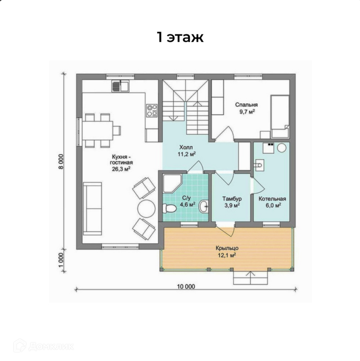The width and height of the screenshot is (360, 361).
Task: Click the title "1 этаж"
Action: (180, 37)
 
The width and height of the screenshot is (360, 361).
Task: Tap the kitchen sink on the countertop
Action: (120, 86)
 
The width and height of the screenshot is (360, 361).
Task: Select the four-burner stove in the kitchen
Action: (152, 111)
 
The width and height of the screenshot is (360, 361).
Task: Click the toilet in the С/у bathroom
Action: (169, 208)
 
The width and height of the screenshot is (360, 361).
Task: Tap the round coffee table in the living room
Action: (146, 208)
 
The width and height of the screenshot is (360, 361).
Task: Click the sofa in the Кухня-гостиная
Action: (92, 209)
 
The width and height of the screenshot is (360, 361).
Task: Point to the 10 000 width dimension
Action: (186, 286)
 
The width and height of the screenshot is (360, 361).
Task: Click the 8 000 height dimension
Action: (61, 161)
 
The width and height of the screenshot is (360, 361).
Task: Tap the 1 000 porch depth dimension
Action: (61, 260)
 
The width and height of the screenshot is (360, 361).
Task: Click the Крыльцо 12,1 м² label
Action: (227, 252)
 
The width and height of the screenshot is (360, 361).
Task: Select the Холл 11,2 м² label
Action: (186, 151)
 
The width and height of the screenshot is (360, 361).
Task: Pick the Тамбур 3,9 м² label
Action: (232, 202)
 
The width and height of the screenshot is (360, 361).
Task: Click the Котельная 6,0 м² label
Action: (273, 202)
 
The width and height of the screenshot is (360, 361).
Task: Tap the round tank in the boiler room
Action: (282, 148)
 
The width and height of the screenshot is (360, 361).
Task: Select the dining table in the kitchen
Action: (98, 131)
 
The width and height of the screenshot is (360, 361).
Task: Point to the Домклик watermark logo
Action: (43, 346)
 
